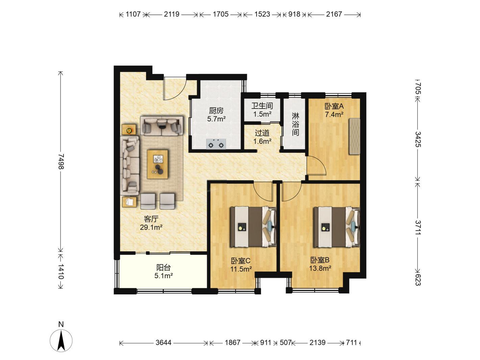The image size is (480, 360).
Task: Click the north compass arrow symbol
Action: click(61, 340)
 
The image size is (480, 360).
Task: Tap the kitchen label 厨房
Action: click(216, 111)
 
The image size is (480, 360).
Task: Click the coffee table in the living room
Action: click(158, 164)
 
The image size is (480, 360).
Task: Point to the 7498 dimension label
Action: click(61, 162)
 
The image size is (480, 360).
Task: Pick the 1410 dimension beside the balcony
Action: click(61, 271)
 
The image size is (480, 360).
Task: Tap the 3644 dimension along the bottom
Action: click(163, 342)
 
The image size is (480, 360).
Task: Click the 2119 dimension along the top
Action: click(172, 14)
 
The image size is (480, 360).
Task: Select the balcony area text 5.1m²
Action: click(164, 276)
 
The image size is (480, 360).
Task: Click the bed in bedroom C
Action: click(253, 227)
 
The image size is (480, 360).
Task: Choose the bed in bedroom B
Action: click(337, 227)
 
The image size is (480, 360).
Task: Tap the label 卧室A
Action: click(334, 106)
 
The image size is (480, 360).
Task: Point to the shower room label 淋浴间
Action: click(295, 124)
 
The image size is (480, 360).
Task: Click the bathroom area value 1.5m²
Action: click(262, 114)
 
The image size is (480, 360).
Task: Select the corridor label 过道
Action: click(262, 133)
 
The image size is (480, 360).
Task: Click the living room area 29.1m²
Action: click(151, 227)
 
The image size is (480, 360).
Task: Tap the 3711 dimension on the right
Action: click(418, 227)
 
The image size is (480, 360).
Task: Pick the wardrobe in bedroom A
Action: click(355, 136)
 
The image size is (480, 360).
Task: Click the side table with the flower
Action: click(129, 129)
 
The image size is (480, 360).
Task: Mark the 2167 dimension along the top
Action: click(334, 14)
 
